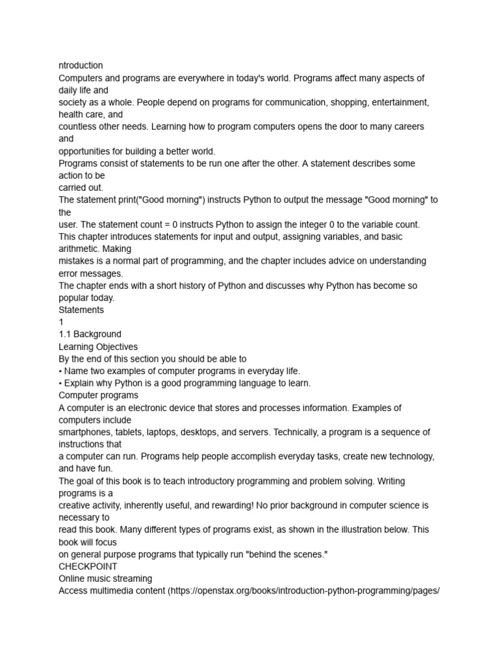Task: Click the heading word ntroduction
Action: click(x=81, y=66)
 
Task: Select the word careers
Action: click(x=405, y=127)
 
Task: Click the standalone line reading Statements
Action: click(x=81, y=310)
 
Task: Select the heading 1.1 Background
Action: click(x=90, y=334)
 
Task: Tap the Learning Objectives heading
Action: click(x=98, y=347)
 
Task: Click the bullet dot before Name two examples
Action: click(x=61, y=371)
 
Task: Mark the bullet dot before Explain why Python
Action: click(x=61, y=383)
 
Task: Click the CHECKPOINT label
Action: click(x=88, y=566)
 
